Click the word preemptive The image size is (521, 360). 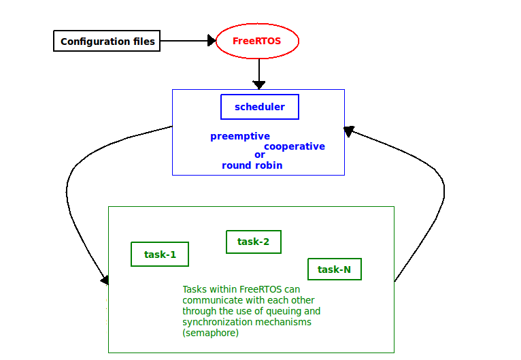pos(240,136)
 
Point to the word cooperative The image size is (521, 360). pos(295,146)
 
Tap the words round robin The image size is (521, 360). pos(252,165)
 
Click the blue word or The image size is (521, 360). pos(260,155)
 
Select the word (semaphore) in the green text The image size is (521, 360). pos(211,333)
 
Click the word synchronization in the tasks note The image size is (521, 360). pos(218,322)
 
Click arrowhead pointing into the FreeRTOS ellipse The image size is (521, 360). pos(212,41)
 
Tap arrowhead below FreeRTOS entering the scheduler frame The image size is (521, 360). pos(259,85)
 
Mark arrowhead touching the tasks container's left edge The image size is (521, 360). pos(105,280)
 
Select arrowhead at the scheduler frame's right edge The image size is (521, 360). pos(348,131)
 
